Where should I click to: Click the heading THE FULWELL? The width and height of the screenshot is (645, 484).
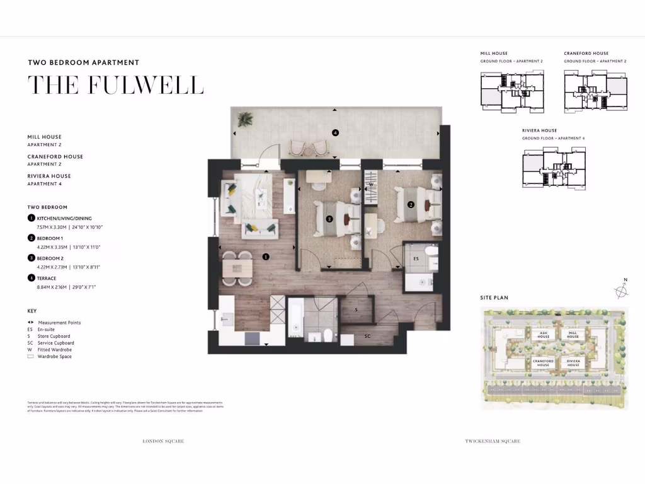click(116, 85)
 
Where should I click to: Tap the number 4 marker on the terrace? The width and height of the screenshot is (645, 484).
click(335, 132)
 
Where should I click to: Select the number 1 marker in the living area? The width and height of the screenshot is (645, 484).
click(266, 256)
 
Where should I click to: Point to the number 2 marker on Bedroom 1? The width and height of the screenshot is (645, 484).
click(410, 204)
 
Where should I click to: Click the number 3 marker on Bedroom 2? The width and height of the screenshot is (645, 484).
click(329, 219)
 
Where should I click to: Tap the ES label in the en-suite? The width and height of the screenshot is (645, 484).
click(416, 258)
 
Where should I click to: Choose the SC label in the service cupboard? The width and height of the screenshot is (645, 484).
click(367, 336)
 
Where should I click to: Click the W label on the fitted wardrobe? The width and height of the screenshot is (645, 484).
click(371, 185)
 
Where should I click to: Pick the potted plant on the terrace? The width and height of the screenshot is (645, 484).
click(245, 118)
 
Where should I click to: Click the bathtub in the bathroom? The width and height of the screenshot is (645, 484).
click(295, 320)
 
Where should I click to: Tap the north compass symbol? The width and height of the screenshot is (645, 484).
click(622, 289)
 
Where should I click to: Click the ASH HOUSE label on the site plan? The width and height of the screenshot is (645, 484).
click(544, 335)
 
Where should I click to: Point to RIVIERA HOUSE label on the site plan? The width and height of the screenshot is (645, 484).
click(573, 364)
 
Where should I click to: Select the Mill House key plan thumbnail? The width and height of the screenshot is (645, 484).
click(512, 92)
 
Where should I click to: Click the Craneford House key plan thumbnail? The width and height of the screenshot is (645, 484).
click(595, 92)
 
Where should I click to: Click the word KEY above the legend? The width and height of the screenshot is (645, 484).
click(32, 311)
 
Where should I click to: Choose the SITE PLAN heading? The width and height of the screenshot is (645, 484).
click(494, 297)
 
